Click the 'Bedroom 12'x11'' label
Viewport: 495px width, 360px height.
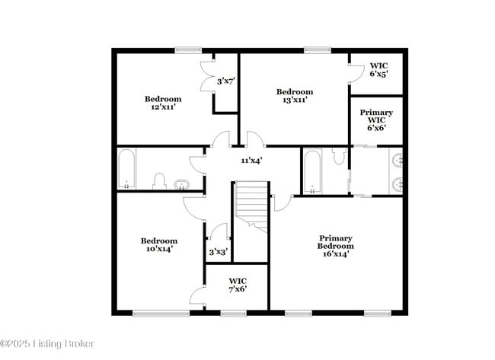163,103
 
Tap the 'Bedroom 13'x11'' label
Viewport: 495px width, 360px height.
294,95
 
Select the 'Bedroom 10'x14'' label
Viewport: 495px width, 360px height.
161,244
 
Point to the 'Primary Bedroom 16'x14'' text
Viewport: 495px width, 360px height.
336,246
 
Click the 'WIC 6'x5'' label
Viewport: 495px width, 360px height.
378,70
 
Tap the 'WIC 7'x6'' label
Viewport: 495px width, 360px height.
238,285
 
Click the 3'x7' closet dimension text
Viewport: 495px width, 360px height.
226,81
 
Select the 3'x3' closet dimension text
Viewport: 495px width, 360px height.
218,253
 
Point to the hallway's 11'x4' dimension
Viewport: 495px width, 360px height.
252,161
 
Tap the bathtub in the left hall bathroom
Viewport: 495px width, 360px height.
126,169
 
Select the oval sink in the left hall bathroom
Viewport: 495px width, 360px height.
184,183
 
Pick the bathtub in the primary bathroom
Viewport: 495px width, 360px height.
311,171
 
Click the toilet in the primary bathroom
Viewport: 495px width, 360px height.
339,157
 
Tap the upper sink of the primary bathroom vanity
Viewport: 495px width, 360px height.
397,161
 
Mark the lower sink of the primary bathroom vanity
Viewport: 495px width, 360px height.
397,183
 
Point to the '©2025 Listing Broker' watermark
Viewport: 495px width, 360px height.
47,344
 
